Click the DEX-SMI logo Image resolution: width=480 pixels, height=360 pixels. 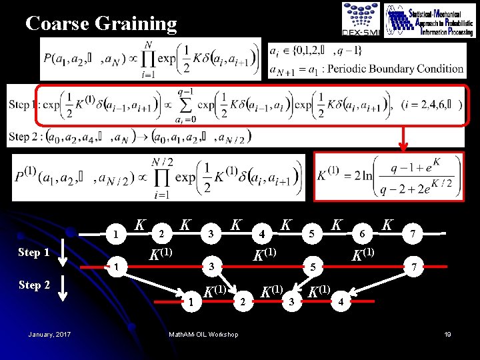coord(361,19)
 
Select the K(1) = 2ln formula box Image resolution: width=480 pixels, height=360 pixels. coord(389,176)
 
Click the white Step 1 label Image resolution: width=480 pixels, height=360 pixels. coord(34,253)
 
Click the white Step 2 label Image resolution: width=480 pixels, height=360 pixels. coord(34,285)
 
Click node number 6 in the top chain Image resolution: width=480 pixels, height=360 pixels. coord(361,234)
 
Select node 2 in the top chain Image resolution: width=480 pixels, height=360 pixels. coord(160,234)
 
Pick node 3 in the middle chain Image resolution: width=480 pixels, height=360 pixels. coord(211,267)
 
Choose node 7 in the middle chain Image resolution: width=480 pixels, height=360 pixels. coord(415,267)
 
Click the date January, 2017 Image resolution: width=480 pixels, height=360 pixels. coord(51,334)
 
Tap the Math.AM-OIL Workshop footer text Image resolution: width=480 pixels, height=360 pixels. coord(203,334)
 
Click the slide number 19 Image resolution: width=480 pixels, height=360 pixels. coord(448,334)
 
